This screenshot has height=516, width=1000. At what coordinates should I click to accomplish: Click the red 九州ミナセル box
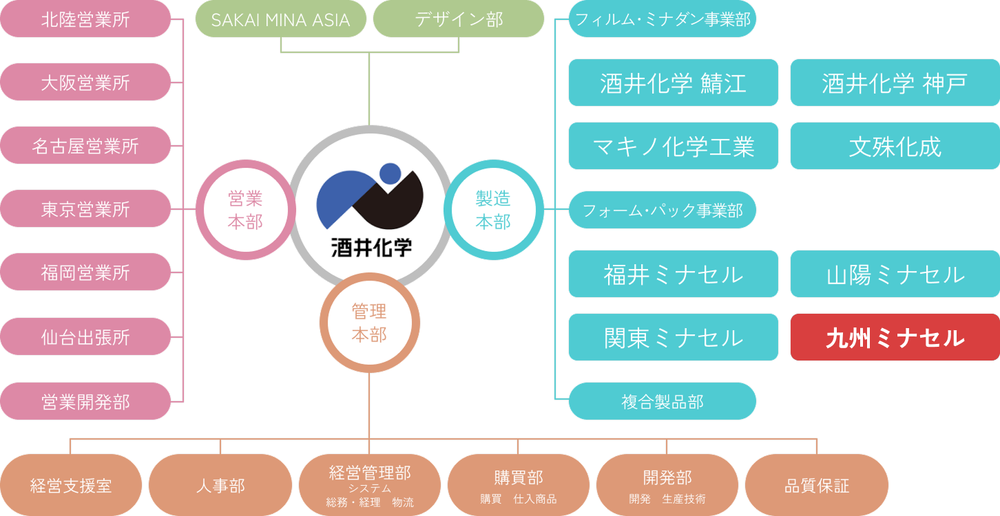895,337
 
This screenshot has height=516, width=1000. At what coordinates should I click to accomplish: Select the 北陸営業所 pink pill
85,19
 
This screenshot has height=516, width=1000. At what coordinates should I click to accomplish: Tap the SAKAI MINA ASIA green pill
281,19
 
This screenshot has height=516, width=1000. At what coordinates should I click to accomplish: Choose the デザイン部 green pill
459,19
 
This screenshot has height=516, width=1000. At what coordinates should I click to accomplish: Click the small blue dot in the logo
390,174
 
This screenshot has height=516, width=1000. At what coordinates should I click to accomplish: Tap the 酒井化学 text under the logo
371,248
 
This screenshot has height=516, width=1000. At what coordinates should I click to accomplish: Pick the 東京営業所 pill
85,208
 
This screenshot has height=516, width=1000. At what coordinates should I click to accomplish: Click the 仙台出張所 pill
85,336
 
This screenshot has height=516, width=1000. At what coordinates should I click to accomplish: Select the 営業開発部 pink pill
85,401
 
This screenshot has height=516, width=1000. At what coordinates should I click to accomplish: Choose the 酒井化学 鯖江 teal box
674,83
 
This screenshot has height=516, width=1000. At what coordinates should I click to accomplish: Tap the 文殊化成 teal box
895,146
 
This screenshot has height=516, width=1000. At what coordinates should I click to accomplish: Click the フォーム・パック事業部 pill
662,210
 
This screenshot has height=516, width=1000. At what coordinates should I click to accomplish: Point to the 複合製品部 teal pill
662,401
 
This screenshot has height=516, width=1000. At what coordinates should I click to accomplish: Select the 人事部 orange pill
220,485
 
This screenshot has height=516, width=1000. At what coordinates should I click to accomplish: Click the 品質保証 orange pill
817,485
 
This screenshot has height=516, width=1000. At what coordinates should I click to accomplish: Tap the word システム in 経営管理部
370,488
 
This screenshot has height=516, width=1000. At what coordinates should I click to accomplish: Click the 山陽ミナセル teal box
895,274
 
